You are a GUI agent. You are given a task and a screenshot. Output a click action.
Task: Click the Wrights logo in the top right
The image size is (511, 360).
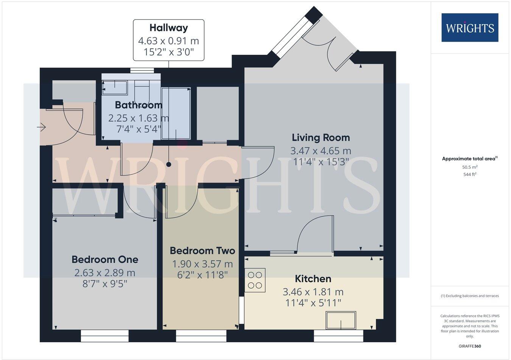tap(470, 28)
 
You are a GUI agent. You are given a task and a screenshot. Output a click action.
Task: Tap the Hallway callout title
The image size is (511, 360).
tap(168, 28)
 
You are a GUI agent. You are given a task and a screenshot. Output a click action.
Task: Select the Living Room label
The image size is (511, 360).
tap(321, 138)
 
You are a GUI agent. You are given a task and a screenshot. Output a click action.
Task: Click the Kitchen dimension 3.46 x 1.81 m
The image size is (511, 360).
tap(313, 292)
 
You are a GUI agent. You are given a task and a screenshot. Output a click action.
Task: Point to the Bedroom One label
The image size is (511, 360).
tap(105, 259)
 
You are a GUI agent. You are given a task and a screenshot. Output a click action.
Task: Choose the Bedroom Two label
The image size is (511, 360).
tap(202, 251)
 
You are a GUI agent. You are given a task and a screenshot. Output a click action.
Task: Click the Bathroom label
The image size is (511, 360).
tap(139, 105)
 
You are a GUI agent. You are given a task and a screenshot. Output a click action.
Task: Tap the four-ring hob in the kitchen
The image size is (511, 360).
tap(255, 280)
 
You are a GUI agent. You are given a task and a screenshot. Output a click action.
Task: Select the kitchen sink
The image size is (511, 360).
tap(341, 321)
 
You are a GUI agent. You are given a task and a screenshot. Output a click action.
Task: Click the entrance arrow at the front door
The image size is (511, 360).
tap(41, 128)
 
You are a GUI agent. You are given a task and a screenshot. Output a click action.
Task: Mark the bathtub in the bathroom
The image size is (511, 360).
tap(176, 113)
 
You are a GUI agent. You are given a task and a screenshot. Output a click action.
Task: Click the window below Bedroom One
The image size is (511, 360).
tap(105, 336)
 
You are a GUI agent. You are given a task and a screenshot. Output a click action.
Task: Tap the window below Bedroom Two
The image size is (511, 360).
tap(201, 336)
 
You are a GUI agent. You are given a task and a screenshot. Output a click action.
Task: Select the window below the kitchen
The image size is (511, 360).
tap(338, 336)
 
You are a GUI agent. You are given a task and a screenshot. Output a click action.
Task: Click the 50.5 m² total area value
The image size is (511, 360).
tap(469, 167)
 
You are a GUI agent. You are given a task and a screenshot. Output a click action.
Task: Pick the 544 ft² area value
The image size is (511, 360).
tap(469, 174)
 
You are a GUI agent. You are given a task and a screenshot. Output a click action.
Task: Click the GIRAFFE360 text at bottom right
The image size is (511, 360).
tap(469, 346)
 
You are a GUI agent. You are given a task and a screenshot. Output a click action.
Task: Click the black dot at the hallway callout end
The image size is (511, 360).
tap(168, 164)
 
